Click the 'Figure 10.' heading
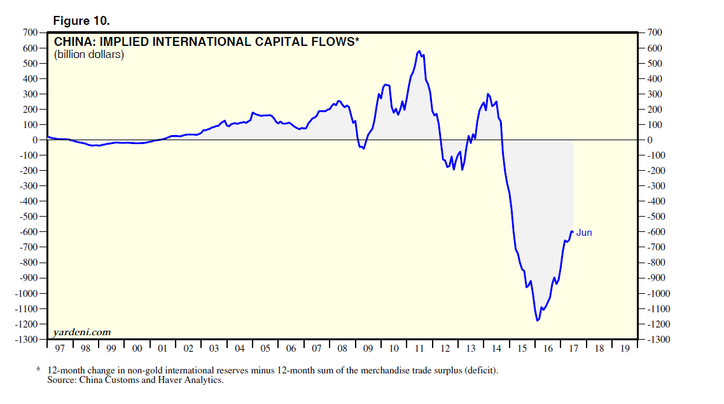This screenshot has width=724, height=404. click(x=81, y=21)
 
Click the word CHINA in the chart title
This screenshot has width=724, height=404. click(x=71, y=43)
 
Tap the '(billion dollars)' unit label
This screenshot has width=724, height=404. click(x=88, y=55)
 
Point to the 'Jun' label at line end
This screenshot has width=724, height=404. click(x=584, y=233)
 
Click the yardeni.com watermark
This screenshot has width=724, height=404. click(x=82, y=332)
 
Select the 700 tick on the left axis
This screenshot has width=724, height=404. click(x=31, y=32)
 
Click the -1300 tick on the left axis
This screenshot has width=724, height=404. click(x=27, y=339)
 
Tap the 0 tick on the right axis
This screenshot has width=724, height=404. click(x=650, y=140)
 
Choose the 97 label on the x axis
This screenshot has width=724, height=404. click(x=60, y=349)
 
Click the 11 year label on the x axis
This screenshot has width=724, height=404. click(x=419, y=349)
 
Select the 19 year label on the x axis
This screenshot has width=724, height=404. click(x=625, y=349)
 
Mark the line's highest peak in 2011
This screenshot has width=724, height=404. click(x=419, y=51)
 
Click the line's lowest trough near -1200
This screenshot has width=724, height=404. click(x=538, y=320)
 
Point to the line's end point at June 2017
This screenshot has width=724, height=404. click(x=573, y=231)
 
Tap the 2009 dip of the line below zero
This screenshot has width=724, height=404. click(x=363, y=148)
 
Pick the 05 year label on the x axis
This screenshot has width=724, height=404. click(x=265, y=349)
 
